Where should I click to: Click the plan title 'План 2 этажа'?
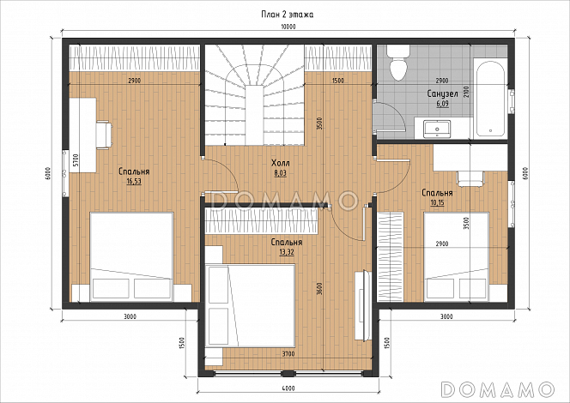pyautogui.click(x=288, y=15)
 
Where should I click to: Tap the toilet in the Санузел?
pyautogui.click(x=398, y=63)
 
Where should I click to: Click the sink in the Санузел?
pyautogui.click(x=437, y=129)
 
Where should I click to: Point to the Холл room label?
pyautogui.click(x=281, y=163)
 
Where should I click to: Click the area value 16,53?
pyautogui.click(x=134, y=181)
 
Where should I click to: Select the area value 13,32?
pyautogui.click(x=287, y=251)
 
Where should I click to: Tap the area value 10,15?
pyautogui.click(x=437, y=202)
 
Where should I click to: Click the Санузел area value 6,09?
pyautogui.click(x=442, y=104)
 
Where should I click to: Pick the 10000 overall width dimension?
pyautogui.click(x=288, y=27)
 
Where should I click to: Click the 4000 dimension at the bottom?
pyautogui.click(x=288, y=388)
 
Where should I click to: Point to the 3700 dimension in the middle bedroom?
pyautogui.click(x=288, y=354)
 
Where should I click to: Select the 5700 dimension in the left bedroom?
pyautogui.click(x=76, y=160)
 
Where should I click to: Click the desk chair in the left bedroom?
pyautogui.click(x=104, y=135)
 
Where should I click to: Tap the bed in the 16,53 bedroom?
pyautogui.click(x=131, y=257)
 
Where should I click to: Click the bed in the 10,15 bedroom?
pyautogui.click(x=457, y=257)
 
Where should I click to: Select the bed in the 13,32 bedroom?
pyautogui.click(x=250, y=306)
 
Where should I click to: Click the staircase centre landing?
pyautogui.click(x=255, y=115)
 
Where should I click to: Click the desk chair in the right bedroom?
pyautogui.click(x=470, y=178)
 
